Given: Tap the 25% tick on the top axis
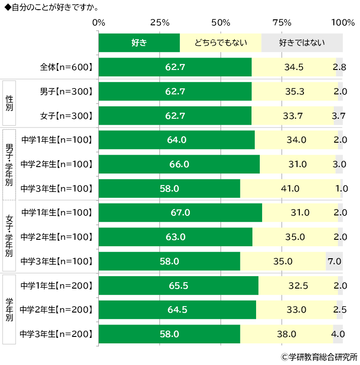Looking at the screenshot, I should coord(160,23).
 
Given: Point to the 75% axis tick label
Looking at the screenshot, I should coord(282,23).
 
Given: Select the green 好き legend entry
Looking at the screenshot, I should coord(139,43).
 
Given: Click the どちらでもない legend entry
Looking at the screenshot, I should coord(220,43).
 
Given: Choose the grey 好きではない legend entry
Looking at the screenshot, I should coord(302,43).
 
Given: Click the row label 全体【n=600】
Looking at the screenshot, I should coord(66,67).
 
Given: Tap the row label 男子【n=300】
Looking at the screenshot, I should coord(66,92).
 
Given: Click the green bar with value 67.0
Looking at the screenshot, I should coord(180,213).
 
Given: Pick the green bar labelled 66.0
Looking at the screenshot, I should coord(179,164).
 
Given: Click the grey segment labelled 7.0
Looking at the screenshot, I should coord(334,261).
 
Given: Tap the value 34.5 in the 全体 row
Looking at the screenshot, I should coord(294,67).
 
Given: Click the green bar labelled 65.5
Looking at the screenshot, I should coord(178,286).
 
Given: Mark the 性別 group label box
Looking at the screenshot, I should coord(9,103).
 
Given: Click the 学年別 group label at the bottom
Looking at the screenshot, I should coord(9,310).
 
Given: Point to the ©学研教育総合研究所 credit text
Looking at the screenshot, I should coord(319,357).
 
